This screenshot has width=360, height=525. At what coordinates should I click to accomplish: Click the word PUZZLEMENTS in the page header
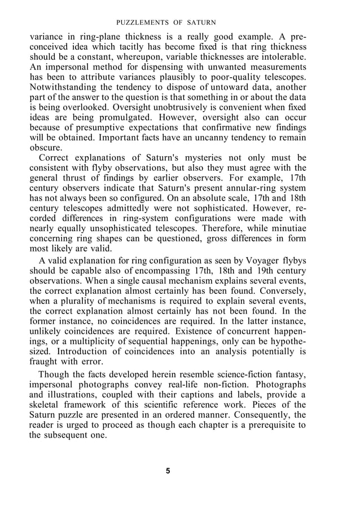click(x=144, y=23)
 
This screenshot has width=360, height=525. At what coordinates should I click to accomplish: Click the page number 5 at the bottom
click(x=168, y=471)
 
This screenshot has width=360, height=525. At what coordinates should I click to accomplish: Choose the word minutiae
click(x=287, y=229)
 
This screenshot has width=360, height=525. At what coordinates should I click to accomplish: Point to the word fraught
click(x=43, y=362)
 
